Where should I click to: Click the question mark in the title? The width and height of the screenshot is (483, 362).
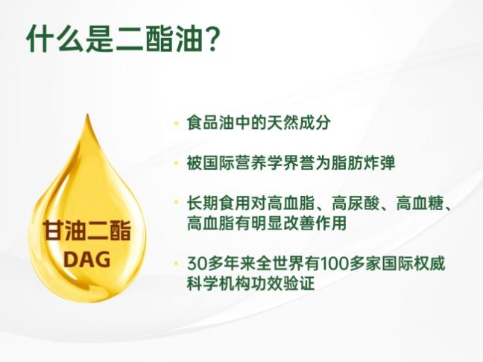[x=211, y=39]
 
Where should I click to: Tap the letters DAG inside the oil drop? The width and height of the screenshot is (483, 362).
[x=87, y=259]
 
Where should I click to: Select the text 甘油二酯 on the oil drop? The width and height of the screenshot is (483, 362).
[x=87, y=231]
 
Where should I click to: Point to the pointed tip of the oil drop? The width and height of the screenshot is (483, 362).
[x=88, y=115]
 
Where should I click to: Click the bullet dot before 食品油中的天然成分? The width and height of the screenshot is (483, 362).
[x=176, y=124]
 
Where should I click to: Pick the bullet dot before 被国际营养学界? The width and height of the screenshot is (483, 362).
[x=176, y=163]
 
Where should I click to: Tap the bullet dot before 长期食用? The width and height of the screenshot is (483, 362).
[x=176, y=203]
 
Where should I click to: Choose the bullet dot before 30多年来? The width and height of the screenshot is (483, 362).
[x=176, y=264]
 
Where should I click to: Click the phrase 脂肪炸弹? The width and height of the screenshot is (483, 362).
[x=363, y=162]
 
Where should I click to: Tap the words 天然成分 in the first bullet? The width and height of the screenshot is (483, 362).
[x=298, y=123]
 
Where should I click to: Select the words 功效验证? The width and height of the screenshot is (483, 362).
[x=282, y=283]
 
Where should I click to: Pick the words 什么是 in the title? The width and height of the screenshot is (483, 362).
[x=69, y=39]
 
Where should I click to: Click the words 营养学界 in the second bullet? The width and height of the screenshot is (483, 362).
[x=267, y=162]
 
